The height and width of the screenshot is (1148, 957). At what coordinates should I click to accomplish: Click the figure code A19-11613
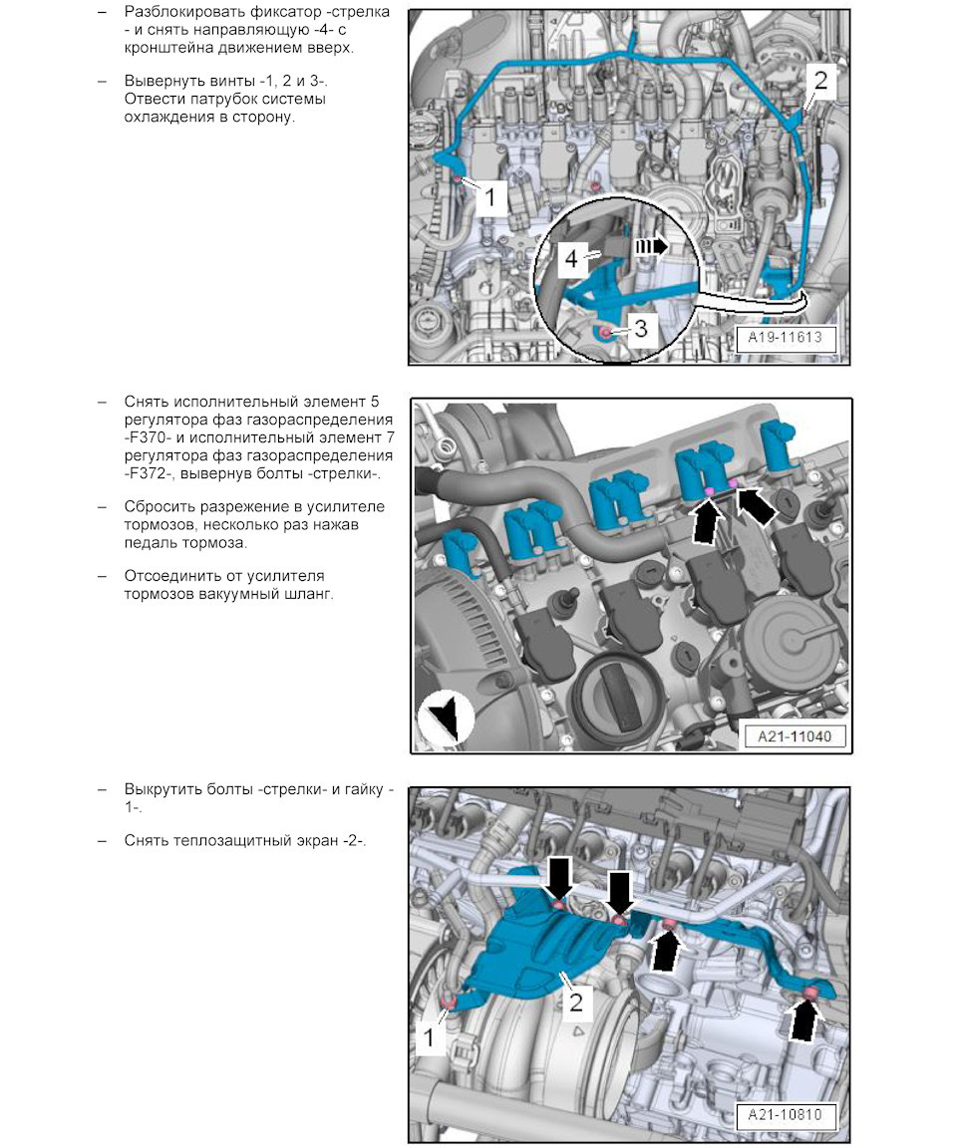click(x=785, y=338)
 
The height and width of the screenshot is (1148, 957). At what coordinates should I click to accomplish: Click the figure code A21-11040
click(x=795, y=735)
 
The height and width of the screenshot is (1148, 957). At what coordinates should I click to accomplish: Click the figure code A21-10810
click(x=785, y=1115)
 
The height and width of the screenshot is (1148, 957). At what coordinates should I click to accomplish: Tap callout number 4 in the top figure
click(x=571, y=258)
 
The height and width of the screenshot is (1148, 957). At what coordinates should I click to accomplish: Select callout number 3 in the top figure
click(x=641, y=328)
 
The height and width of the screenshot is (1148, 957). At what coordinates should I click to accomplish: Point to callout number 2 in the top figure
click(x=820, y=80)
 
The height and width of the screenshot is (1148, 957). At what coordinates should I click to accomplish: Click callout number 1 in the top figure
click(x=489, y=196)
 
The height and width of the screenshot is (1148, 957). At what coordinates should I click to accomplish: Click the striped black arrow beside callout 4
click(x=651, y=246)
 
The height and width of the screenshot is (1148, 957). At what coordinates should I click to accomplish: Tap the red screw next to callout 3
click(x=605, y=334)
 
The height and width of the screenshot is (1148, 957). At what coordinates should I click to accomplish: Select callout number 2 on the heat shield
click(x=576, y=1001)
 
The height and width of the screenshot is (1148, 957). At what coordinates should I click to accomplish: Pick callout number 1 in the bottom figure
click(x=429, y=1036)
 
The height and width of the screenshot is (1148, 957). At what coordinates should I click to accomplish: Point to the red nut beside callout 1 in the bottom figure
click(x=449, y=1001)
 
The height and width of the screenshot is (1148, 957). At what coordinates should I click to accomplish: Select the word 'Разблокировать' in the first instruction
click(x=183, y=12)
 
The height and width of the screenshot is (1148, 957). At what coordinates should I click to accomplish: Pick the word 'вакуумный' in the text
click(x=242, y=594)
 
